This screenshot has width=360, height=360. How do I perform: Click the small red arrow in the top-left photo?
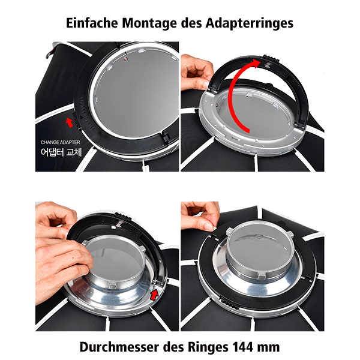[70, 122]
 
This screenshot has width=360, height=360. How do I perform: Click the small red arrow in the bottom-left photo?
[155, 294]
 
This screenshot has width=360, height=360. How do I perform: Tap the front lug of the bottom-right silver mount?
[264, 277]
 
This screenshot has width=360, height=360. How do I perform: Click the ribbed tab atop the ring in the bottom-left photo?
[118, 217]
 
